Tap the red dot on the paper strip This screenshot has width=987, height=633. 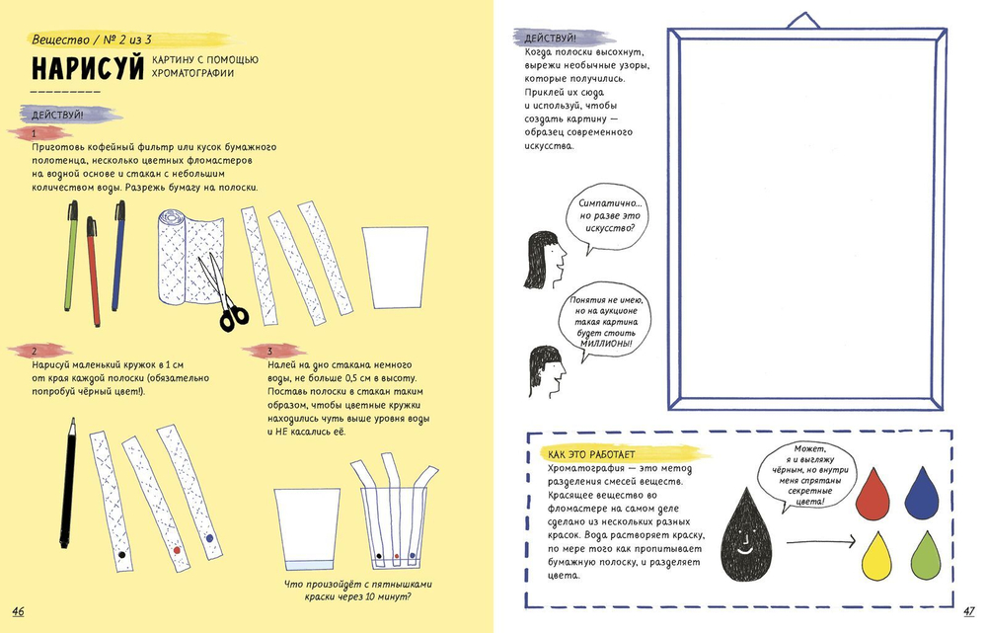[176, 548]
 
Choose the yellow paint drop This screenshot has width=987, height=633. [873, 556]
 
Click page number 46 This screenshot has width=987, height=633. [18, 611]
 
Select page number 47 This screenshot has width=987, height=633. [968, 610]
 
